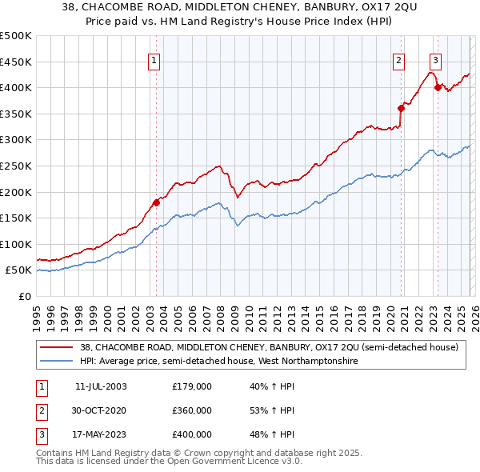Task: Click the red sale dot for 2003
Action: click(157, 202)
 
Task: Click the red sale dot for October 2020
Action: click(401, 108)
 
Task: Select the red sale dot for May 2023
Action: click(437, 87)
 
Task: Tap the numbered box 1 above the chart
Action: click(153, 59)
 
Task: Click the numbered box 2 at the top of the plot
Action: click(398, 59)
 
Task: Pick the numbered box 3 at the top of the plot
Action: click(435, 59)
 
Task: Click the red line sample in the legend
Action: click(56, 347)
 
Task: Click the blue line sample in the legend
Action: click(56, 362)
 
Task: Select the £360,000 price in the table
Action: click(192, 410)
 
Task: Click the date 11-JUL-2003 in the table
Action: click(101, 386)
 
